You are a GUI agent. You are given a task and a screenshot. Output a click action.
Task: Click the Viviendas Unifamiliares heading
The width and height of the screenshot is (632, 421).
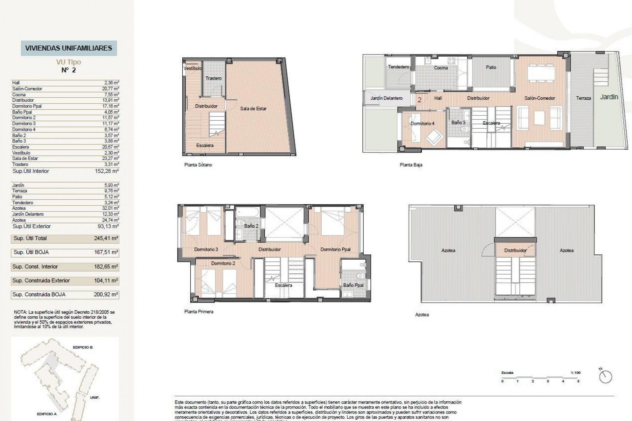pyautogui.click(x=68, y=48)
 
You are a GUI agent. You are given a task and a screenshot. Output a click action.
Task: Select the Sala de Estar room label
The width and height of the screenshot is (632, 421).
pyautogui.click(x=253, y=109)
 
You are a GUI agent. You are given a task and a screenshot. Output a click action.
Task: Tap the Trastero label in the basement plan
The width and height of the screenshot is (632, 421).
pyautogui.click(x=213, y=78)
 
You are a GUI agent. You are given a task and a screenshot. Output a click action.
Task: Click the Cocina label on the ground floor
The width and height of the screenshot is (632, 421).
pyautogui.click(x=441, y=68)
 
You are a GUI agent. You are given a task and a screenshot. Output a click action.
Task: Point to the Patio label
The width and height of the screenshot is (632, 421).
pyautogui.click(x=491, y=67)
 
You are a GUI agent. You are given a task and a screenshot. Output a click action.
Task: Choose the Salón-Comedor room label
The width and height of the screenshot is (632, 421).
pyautogui.click(x=540, y=98)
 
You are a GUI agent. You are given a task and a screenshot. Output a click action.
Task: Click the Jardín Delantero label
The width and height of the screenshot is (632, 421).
pyautogui.click(x=386, y=98)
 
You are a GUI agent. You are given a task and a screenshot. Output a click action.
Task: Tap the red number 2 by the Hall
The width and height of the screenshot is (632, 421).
pyautogui.click(x=419, y=100)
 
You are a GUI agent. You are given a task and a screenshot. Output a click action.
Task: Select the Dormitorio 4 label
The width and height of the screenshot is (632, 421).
pyautogui.click(x=422, y=123)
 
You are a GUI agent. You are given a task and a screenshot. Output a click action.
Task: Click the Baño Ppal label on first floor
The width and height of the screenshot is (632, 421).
pyautogui.click(x=353, y=285)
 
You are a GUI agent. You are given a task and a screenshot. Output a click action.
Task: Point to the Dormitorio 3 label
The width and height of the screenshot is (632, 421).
pyautogui.click(x=206, y=249)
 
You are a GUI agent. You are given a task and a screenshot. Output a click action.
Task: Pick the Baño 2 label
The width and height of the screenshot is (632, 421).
pyautogui.click(x=251, y=226)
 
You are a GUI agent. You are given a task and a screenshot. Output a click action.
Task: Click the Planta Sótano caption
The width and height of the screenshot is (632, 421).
pyautogui.click(x=198, y=165)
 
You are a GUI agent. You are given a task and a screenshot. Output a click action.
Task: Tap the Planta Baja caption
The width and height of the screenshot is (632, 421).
pyautogui.click(x=411, y=165)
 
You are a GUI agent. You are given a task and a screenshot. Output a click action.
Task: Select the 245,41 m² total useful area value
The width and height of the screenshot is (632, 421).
pyautogui.click(x=106, y=238)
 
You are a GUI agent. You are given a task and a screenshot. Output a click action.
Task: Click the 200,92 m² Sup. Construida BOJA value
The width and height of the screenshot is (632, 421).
pyautogui.click(x=106, y=295)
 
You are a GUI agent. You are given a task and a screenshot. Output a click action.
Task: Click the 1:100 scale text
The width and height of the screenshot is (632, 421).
pyautogui.click(x=575, y=373)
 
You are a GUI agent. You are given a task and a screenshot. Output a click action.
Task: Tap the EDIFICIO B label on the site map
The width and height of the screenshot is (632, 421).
pyautogui.click(x=83, y=347)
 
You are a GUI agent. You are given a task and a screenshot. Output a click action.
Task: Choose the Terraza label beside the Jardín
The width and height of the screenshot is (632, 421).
pyautogui.click(x=583, y=98)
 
